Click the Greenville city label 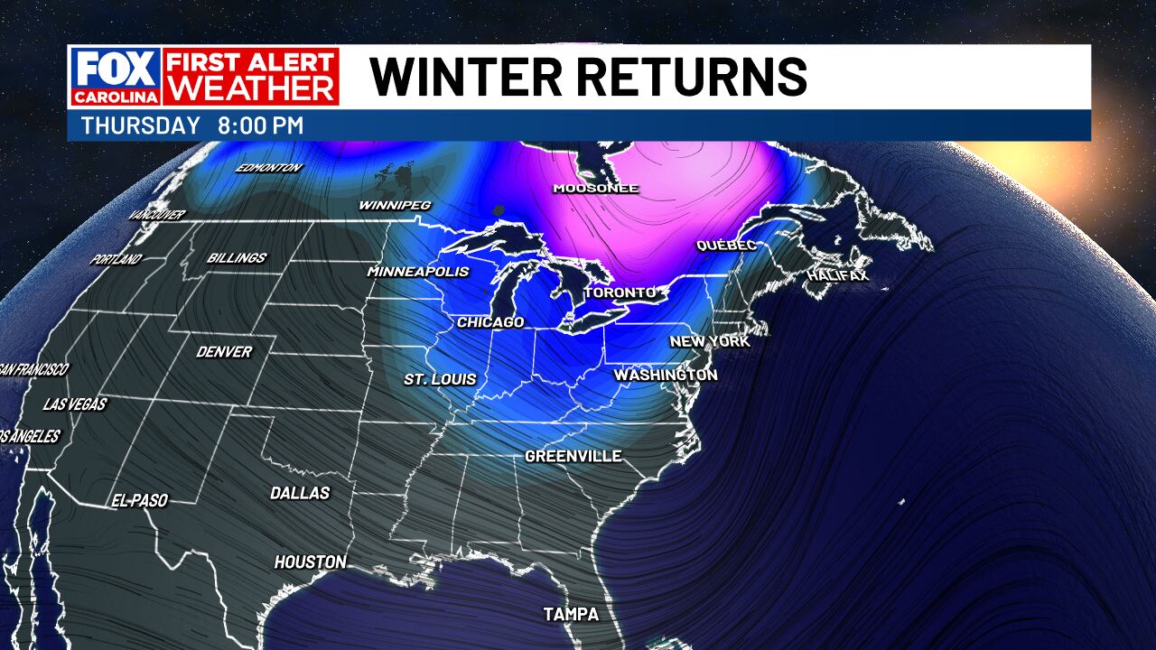click(573, 456)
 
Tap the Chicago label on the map click(490, 322)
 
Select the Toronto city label click(620, 293)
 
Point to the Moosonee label click(596, 189)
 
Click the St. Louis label click(440, 379)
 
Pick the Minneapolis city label click(418, 272)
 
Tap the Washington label click(666, 375)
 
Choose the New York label click(710, 341)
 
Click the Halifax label click(838, 274)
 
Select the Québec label click(726, 246)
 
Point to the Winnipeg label click(395, 205)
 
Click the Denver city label click(224, 351)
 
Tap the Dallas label click(300, 493)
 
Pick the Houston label click(311, 562)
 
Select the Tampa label click(571, 614)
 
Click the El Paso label click(139, 500)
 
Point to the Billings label click(237, 257)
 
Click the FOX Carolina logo click(115, 77)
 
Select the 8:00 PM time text click(260, 126)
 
